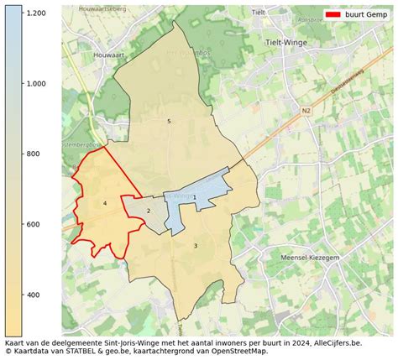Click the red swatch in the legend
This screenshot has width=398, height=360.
click(334, 15)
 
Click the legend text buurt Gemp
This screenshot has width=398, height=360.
click(367, 15)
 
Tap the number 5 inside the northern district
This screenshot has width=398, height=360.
click(169, 122)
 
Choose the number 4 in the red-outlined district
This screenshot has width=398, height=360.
click(105, 203)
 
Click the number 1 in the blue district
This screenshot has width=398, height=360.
click(195, 197)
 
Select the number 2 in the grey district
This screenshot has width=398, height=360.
click(149, 211)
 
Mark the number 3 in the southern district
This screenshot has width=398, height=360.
click(196, 245)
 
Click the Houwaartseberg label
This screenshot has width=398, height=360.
click(98, 11)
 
